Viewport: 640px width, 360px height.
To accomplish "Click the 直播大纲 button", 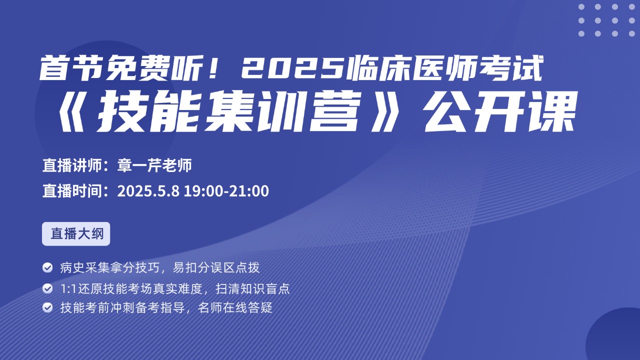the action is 76,233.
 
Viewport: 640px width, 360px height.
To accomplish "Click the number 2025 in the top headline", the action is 293,69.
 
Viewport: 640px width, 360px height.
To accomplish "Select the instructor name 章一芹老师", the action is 154,165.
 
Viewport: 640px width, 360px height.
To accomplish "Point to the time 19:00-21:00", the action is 226,191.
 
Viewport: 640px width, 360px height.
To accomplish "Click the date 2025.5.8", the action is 148,191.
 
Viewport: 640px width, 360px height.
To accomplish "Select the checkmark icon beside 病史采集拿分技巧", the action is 47,267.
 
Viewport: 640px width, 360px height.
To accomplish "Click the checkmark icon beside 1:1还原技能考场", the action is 47,288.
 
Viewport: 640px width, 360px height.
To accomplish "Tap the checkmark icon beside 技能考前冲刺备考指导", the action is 47,307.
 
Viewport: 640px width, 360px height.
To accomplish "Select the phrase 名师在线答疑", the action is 235,307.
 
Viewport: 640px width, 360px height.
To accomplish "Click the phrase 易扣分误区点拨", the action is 216,267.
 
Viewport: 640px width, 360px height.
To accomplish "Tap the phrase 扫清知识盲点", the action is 253,289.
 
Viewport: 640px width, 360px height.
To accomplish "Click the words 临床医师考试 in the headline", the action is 445,69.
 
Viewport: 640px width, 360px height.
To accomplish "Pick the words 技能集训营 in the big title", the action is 227,111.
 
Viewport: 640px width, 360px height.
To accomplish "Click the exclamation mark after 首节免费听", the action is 213,69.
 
